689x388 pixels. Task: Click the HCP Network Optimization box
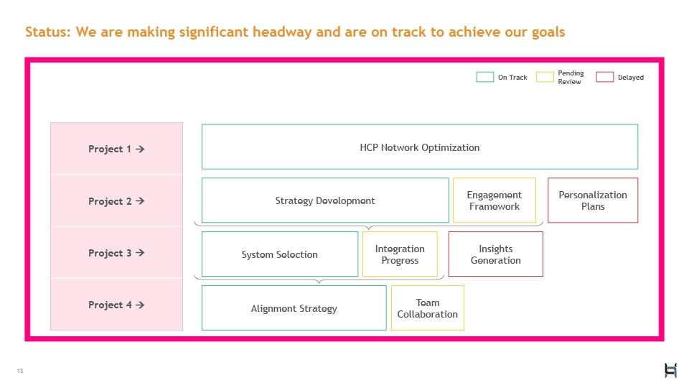click(420, 147)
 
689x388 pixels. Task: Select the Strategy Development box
click(325, 200)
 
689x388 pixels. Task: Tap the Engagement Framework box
click(494, 200)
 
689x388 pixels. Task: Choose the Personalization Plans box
click(593, 200)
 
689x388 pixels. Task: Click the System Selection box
click(279, 254)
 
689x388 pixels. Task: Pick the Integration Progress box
click(400, 254)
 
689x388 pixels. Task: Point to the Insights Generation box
click(495, 254)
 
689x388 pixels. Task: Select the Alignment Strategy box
click(294, 308)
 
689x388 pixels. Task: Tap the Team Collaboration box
click(427, 308)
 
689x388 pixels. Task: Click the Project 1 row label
click(116, 149)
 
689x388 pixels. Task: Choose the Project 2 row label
click(116, 201)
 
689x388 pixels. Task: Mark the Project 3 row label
click(116, 253)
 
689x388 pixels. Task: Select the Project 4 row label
click(116, 305)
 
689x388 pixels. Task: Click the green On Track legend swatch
click(485, 77)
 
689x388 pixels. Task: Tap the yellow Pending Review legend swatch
click(545, 77)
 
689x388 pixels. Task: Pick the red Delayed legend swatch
click(605, 77)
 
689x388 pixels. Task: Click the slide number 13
click(20, 371)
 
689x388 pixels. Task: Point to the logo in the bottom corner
click(670, 370)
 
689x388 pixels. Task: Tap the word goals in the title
click(547, 32)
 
